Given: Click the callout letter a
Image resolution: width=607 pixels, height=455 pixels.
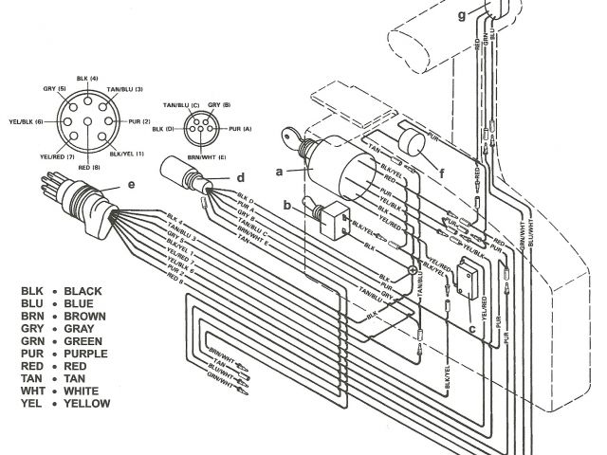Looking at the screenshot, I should point(279,172).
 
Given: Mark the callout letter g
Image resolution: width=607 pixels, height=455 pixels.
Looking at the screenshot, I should point(462,16).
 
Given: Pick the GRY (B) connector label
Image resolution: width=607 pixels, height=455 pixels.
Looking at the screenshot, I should point(221,104).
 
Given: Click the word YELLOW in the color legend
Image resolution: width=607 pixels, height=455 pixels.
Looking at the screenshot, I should point(87,404).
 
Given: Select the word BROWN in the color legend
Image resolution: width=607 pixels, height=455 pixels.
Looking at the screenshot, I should point(85,317).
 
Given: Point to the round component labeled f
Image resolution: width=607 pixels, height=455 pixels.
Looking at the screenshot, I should point(413,151).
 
